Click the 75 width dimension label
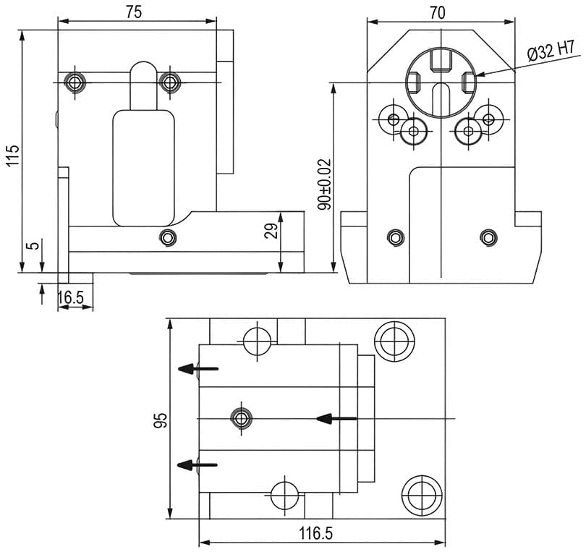(x=133, y=12)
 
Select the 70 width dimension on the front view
(x=437, y=12)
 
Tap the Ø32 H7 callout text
(x=551, y=51)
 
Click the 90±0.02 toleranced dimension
(x=325, y=184)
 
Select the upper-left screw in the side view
(x=75, y=82)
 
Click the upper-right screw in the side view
(x=169, y=82)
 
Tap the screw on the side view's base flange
(x=168, y=237)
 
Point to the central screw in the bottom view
(x=241, y=417)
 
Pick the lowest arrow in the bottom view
(x=198, y=464)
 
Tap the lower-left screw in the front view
(x=395, y=237)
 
